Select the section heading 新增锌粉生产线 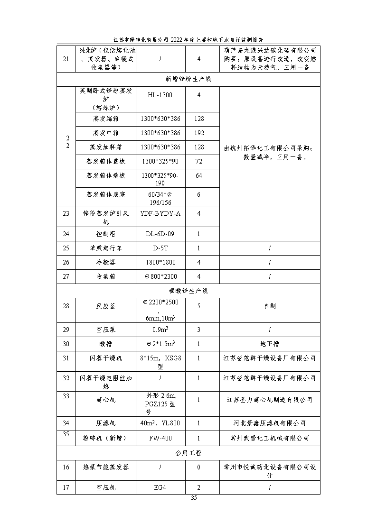click(188, 79)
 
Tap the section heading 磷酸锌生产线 click(188, 291)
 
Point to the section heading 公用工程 click(188, 453)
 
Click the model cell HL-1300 click(160, 95)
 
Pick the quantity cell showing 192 click(199, 133)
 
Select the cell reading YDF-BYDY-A click(160, 213)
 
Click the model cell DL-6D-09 click(160, 234)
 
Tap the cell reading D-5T click(160, 248)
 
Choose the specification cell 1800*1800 click(160, 262)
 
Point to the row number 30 click(66, 344)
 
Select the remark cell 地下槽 click(269, 344)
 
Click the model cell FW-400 click(160, 438)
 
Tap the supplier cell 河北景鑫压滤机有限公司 click(269, 423)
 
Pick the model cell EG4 click(160, 487)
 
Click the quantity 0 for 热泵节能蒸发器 click(199, 467)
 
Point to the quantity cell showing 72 click(199, 161)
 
